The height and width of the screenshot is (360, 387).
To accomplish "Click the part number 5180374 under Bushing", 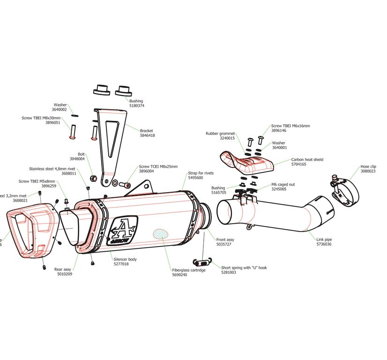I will coord(136,106).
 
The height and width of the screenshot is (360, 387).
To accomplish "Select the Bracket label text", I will coord(147,131).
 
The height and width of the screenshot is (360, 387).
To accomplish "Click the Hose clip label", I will coord(368,166).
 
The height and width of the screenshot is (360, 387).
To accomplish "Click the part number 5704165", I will coord(298,165).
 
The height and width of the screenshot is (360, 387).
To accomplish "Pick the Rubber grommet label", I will coord(220,134).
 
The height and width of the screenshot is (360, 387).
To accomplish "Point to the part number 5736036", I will coord(324,244).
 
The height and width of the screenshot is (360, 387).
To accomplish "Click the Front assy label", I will coord(225,240).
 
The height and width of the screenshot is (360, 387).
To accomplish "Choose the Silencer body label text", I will coord(125,259).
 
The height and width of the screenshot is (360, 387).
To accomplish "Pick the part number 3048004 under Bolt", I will coord(77,159).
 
